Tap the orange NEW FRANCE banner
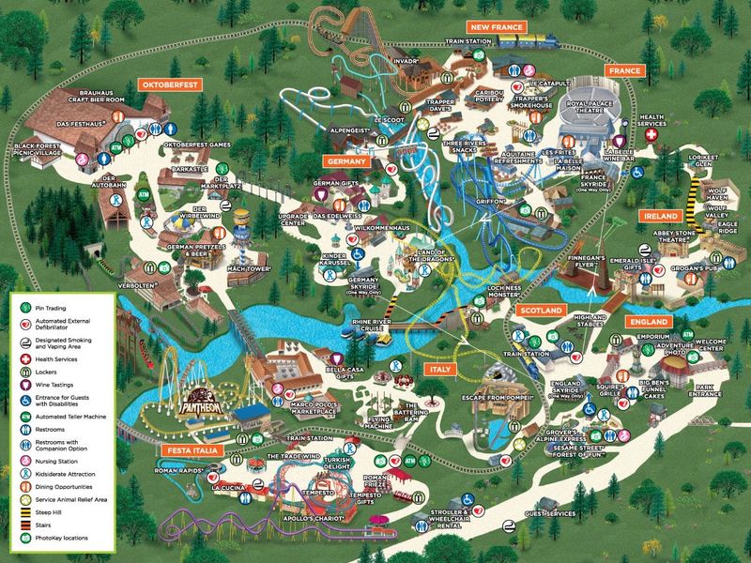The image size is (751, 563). (x=497, y=28)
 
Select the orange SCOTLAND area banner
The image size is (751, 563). (x=541, y=310)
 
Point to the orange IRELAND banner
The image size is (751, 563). (x=660, y=216)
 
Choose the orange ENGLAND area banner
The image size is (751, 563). (x=648, y=322)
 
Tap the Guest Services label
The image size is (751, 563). (x=550, y=514)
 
